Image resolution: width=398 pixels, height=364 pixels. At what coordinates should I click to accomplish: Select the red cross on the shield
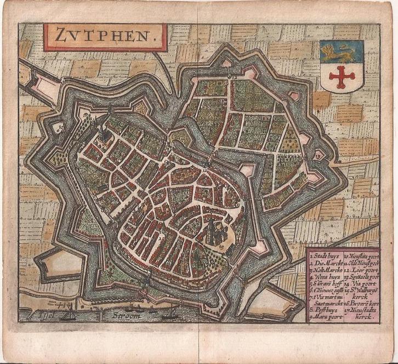tap(341, 76)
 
